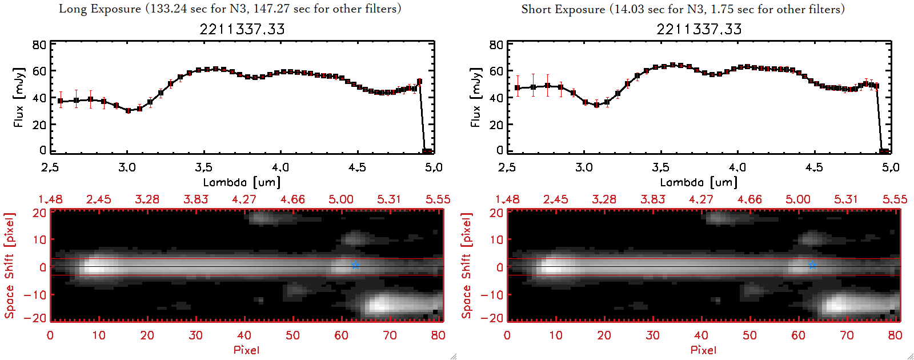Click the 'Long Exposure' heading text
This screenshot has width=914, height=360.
click(100, 9)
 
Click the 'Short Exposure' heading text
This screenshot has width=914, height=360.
click(563, 9)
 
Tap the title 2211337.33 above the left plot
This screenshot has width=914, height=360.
click(242, 29)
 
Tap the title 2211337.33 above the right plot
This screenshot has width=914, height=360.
click(699, 29)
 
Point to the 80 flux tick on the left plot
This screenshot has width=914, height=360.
click(39, 45)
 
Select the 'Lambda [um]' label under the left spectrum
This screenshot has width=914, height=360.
click(242, 182)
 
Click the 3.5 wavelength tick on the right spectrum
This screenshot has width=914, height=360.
click(661, 167)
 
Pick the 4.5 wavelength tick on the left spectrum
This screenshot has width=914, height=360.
click(357, 167)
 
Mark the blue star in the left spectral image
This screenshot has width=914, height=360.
click(355, 265)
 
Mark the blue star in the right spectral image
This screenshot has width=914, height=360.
click(812, 265)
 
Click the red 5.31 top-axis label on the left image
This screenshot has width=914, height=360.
click(389, 199)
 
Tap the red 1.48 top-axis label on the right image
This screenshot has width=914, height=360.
click(507, 199)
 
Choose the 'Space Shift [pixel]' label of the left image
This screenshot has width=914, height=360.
click(9, 266)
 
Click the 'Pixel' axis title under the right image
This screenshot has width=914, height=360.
click(703, 350)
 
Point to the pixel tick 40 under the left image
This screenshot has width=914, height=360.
click(244, 335)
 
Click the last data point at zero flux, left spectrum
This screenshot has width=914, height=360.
click(427, 151)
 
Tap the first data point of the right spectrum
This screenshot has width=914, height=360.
click(518, 88)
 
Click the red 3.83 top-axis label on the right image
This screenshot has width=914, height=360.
click(652, 199)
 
